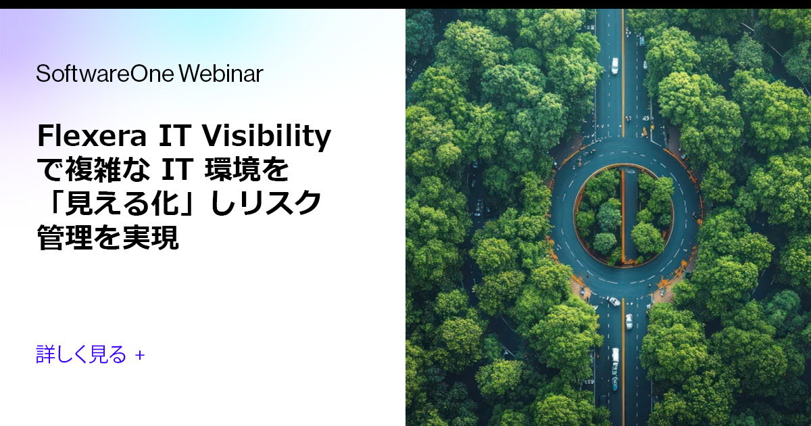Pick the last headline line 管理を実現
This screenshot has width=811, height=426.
(x=108, y=238)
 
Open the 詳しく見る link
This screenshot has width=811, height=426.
(x=81, y=354)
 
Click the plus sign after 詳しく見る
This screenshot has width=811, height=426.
(x=140, y=354)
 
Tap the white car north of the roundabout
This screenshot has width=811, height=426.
(x=614, y=66)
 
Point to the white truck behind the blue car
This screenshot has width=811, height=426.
(x=615, y=357)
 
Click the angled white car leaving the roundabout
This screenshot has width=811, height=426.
(x=613, y=301)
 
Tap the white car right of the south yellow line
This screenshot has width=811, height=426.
(x=629, y=321)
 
